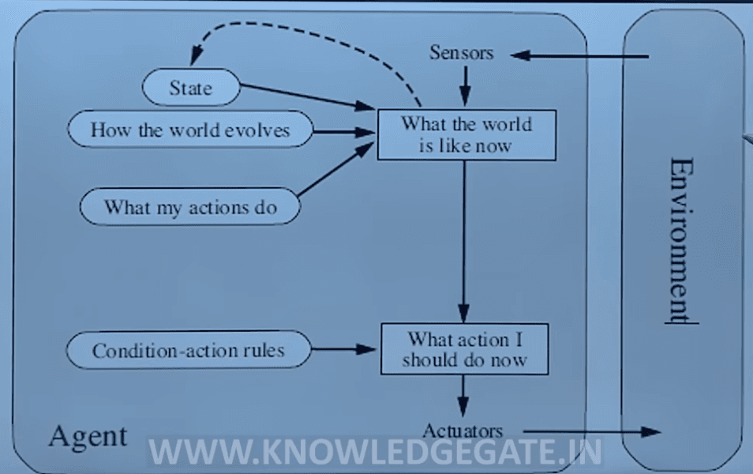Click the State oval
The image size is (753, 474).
[190, 87]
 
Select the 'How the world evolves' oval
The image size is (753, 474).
[190, 130]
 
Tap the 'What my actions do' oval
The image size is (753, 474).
[190, 208]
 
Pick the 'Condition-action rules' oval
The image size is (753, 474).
[188, 350]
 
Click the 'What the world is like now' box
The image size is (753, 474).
[466, 134]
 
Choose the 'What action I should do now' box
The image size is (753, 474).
[464, 349]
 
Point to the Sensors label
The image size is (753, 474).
[461, 53]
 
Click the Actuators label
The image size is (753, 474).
[463, 431]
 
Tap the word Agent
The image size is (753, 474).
[88, 435]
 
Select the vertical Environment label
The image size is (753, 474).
[680, 237]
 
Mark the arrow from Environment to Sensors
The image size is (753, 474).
[580, 55]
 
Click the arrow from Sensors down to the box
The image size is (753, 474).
[465, 85]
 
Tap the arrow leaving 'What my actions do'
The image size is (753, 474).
[335, 170]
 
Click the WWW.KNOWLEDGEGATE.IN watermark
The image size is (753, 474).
[375, 452]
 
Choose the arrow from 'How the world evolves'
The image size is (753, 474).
[343, 131]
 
